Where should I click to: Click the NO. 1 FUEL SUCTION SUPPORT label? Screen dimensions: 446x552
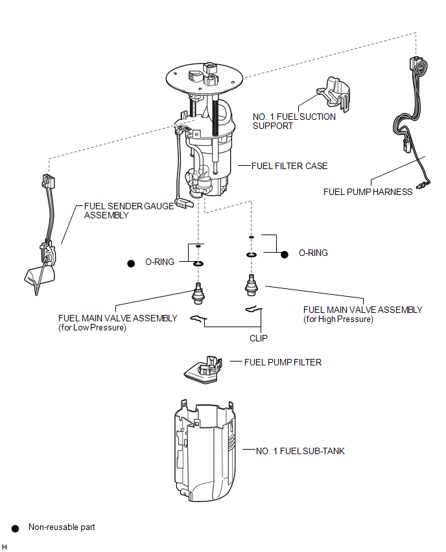(294, 121)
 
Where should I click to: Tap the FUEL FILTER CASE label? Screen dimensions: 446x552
(289, 166)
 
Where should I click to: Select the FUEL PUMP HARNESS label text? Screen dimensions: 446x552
(368, 192)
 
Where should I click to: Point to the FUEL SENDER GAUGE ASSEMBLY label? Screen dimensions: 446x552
(129, 211)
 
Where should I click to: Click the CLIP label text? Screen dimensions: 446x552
(259, 338)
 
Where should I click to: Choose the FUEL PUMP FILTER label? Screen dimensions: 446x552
(283, 362)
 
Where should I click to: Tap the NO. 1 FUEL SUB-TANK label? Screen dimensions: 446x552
(300, 451)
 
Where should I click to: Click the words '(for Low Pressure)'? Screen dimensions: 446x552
(92, 327)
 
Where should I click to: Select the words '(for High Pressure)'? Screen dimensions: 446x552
(338, 319)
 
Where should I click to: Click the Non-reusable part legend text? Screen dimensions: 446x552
(62, 527)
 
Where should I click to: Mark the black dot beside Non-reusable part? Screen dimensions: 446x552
(15, 529)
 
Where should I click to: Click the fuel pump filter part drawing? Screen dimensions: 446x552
(204, 370)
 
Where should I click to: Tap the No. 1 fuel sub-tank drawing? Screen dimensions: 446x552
(205, 451)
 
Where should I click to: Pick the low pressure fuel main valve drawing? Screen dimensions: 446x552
(198, 293)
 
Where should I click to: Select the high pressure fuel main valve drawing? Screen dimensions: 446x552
(251, 285)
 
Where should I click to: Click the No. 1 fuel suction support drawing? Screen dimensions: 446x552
(334, 94)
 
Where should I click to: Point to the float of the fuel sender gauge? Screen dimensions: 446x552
(40, 275)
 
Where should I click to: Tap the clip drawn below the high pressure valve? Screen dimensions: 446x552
(253, 309)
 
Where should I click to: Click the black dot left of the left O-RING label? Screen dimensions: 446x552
(131, 263)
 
